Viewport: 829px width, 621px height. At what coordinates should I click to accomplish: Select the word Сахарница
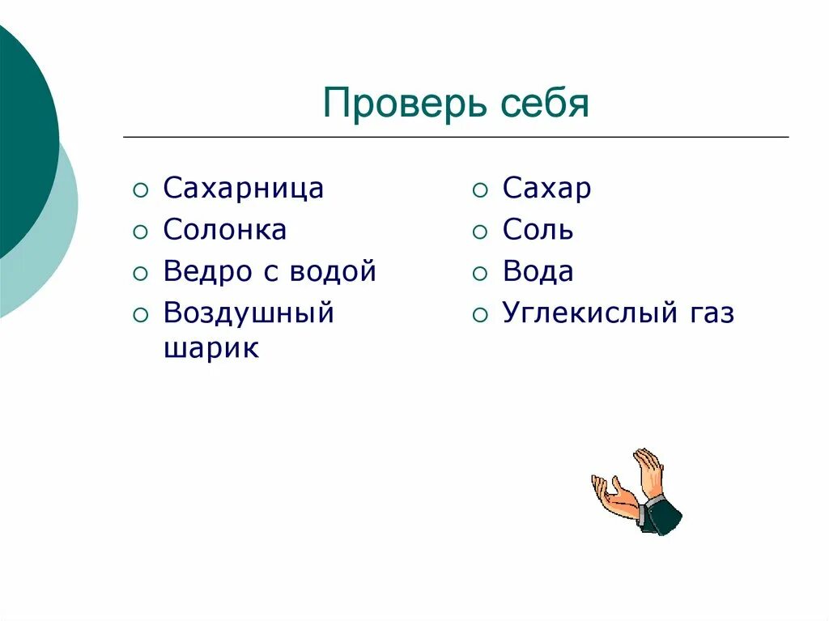coord(243,189)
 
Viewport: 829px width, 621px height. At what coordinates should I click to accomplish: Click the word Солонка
coord(224,230)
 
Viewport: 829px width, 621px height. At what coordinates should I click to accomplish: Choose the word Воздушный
coord(249,313)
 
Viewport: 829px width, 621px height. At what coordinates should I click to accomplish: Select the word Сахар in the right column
coord(546,189)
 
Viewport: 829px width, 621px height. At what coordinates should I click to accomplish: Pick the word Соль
coord(538,230)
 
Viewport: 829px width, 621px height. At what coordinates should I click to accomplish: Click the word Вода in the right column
coord(538,271)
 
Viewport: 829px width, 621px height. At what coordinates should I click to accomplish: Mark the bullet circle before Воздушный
coord(141,315)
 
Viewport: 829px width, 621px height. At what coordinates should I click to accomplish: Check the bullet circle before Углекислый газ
coord(480,315)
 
